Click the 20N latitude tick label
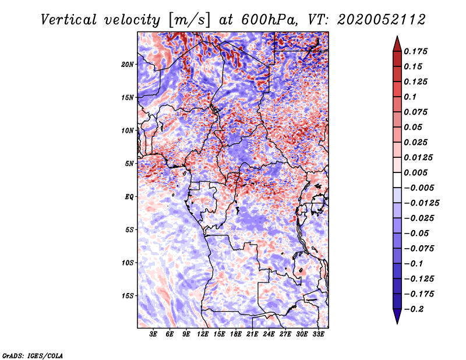[128, 64]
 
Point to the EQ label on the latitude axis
[129, 196]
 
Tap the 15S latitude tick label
[128, 296]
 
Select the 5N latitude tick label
[129, 164]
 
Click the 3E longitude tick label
[153, 334]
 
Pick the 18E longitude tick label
[236, 334]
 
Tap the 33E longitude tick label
[318, 334]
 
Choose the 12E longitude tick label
[203, 334]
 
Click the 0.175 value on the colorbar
[415, 51]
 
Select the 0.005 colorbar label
[415, 172]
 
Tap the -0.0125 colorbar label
[421, 203]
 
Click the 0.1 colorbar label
[410, 97]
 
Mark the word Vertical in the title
[69, 20]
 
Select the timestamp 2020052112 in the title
[382, 20]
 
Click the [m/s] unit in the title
[190, 20]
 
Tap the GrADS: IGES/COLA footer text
[33, 355]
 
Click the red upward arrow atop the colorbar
[397, 44]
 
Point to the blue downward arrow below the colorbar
[397, 316]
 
